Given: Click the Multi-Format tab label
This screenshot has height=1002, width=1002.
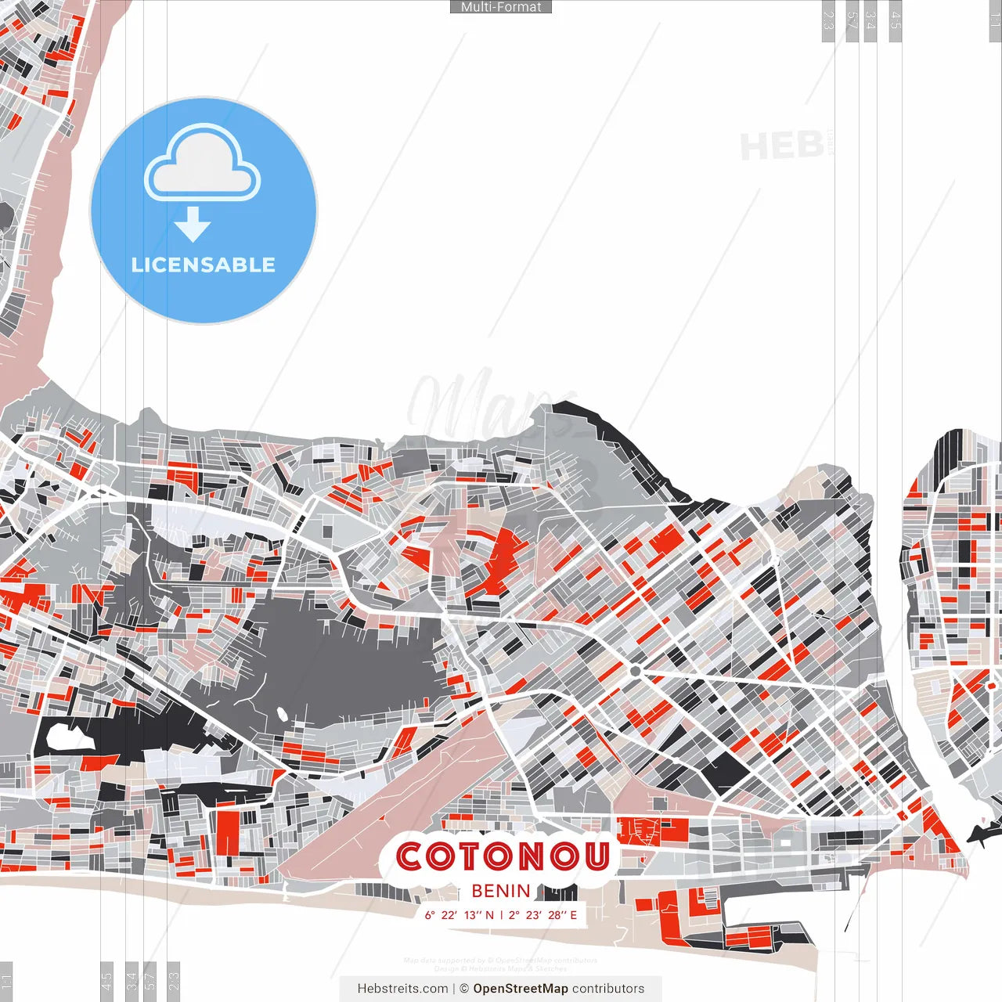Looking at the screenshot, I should point(501,7).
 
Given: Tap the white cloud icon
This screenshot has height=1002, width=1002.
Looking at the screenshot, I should point(203,165).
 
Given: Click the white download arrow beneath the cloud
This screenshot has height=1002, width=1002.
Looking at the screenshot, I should point(193,225).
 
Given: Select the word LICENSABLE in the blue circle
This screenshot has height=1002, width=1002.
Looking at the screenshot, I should point(204,265).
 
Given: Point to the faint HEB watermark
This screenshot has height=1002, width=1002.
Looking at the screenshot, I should point(782,146).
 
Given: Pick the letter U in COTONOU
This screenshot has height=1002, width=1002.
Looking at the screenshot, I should point(594,857).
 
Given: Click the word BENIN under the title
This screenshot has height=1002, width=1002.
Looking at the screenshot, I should point(501,891).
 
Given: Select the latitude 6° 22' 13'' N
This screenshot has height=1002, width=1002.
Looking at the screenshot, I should point(460,915).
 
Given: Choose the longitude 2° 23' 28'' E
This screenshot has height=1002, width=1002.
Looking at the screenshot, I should point(542,915).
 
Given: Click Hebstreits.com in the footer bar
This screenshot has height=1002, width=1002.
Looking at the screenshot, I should point(402,989).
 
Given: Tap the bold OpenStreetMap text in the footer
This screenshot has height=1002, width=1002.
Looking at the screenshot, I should point(521,989).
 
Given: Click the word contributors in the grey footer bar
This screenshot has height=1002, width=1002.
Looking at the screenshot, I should point(608,989).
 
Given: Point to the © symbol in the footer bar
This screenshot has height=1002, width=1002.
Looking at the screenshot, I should point(464,989).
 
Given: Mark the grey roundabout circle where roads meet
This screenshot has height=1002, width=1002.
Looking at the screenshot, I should point(635,672).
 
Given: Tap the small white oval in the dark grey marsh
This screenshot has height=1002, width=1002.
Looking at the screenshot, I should point(281,714).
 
